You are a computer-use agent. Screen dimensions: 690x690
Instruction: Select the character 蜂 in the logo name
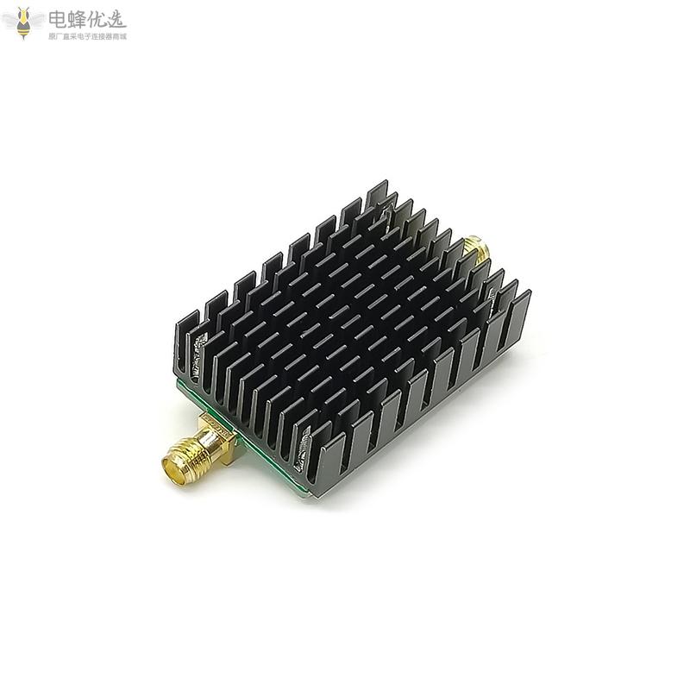point(80,18)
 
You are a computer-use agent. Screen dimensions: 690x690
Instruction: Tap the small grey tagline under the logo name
point(87,37)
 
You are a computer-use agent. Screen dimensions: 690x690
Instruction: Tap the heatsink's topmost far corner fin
point(377,194)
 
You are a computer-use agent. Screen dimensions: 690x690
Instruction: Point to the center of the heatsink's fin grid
point(349,332)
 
